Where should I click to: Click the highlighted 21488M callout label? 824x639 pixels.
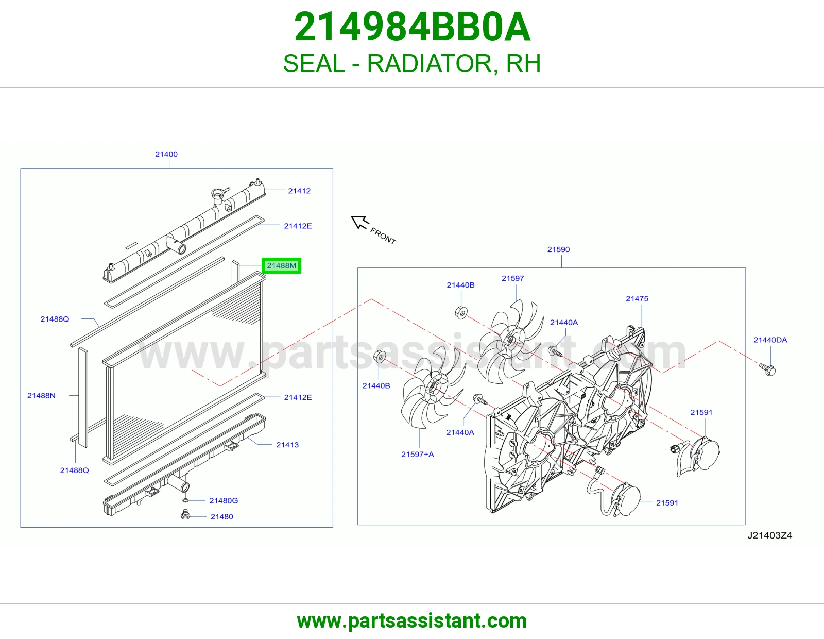[x=281, y=265]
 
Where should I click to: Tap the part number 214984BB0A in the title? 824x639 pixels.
[x=412, y=27]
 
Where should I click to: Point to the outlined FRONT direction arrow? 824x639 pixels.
[x=359, y=222]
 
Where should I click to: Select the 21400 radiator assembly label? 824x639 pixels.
[x=166, y=154]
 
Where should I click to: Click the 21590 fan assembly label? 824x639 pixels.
[x=558, y=249]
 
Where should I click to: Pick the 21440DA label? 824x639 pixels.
[x=770, y=340]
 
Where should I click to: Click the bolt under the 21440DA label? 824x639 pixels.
[x=767, y=369]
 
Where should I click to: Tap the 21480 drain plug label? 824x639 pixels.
[x=222, y=516]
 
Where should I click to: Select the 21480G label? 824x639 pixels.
[x=224, y=500]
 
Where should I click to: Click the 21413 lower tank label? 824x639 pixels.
[x=287, y=445]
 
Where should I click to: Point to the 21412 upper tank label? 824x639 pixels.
[x=299, y=191]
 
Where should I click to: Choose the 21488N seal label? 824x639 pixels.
[x=41, y=395]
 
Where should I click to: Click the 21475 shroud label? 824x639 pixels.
[x=637, y=299]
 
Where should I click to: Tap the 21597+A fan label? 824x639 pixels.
[x=418, y=454]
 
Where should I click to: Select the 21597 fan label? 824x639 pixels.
[x=512, y=278]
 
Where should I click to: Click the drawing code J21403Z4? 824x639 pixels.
[x=769, y=535]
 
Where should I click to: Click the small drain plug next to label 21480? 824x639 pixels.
[x=185, y=515]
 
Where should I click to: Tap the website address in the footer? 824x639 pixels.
[x=412, y=621]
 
